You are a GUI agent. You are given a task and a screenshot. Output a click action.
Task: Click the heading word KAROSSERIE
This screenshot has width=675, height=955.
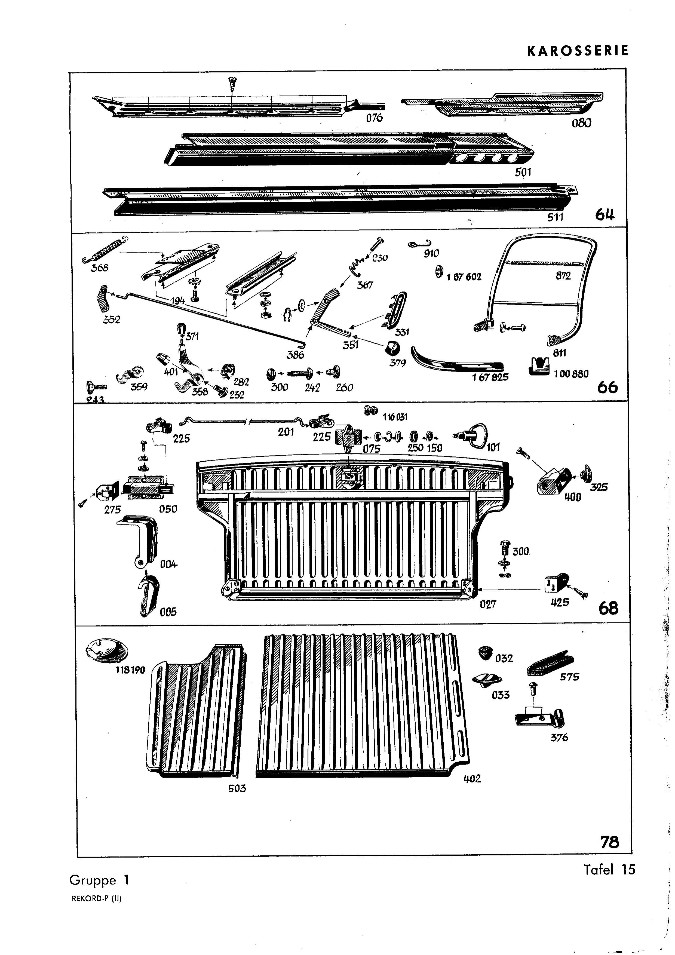point(577,51)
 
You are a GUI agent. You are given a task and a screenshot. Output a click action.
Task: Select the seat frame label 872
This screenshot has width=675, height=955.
point(563,276)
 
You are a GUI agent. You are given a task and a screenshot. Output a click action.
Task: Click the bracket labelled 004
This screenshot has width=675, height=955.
point(140,542)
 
